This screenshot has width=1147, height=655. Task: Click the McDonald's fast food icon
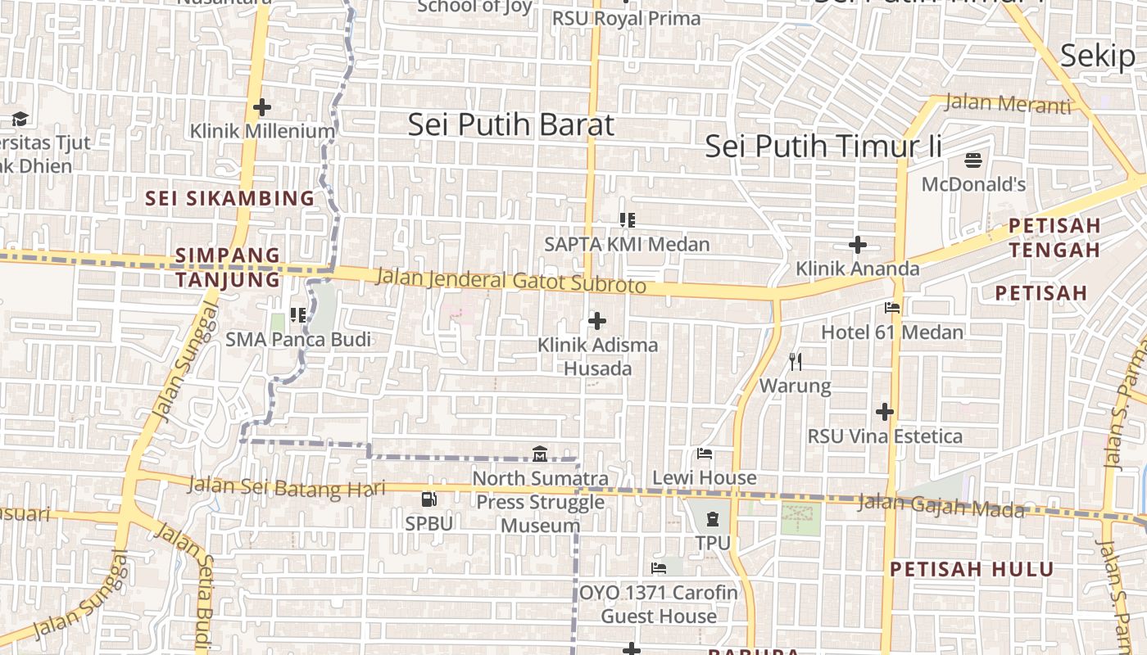coord(973,159)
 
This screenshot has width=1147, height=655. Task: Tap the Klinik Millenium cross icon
coord(262,107)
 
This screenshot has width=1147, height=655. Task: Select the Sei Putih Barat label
coord(510,125)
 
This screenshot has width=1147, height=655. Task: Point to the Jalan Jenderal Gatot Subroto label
coord(510,280)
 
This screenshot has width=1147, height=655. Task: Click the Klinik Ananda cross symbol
coord(858,245)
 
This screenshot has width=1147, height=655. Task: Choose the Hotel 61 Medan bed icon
coord(892,308)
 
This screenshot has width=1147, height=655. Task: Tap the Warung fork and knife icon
coord(795,361)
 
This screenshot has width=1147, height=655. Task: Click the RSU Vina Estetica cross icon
coord(885,411)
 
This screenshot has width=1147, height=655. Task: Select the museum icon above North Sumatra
coord(540,454)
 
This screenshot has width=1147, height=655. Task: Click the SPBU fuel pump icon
coord(428,499)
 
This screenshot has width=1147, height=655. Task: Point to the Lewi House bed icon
coord(704,454)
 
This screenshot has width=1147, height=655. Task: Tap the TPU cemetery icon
coord(712,518)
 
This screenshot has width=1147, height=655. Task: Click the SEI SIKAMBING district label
coord(229,198)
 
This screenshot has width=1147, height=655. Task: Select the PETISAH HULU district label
coord(972,569)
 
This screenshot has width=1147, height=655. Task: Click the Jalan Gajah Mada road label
coord(941,506)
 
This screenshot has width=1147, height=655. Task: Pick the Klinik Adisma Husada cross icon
coord(597,321)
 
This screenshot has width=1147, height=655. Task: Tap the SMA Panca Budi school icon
coord(298,315)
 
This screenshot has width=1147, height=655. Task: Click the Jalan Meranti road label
coord(1007,104)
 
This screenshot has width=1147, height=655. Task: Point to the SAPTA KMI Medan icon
coord(628,220)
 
